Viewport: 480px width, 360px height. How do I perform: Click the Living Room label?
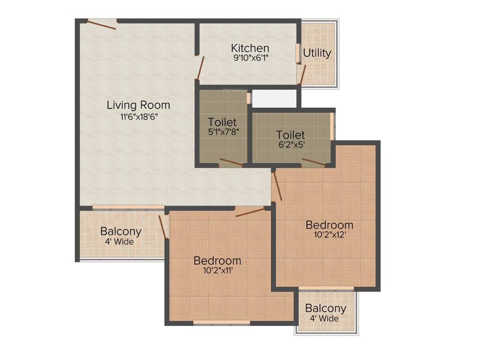point(138,105)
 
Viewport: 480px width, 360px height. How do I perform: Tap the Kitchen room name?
point(250,48)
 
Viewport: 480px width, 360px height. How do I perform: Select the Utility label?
point(317,53)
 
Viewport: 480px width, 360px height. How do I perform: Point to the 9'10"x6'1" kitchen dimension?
point(250,58)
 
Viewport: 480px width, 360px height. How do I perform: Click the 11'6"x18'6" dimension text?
point(138,117)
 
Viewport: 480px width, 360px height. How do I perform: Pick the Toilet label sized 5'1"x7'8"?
point(222,123)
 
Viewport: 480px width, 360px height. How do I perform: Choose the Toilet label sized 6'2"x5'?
point(291,135)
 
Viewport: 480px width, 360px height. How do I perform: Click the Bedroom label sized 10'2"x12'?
point(330,225)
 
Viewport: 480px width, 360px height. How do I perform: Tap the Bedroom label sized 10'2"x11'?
point(217,261)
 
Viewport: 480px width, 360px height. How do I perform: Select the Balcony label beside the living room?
point(121,232)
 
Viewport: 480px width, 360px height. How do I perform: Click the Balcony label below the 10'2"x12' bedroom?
point(326,308)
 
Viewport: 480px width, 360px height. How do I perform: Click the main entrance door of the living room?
point(102,24)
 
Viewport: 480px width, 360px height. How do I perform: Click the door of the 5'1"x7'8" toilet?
point(231,163)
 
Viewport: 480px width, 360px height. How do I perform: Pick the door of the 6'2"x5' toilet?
point(313,162)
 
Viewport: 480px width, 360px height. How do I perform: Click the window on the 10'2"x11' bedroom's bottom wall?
point(221,322)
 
